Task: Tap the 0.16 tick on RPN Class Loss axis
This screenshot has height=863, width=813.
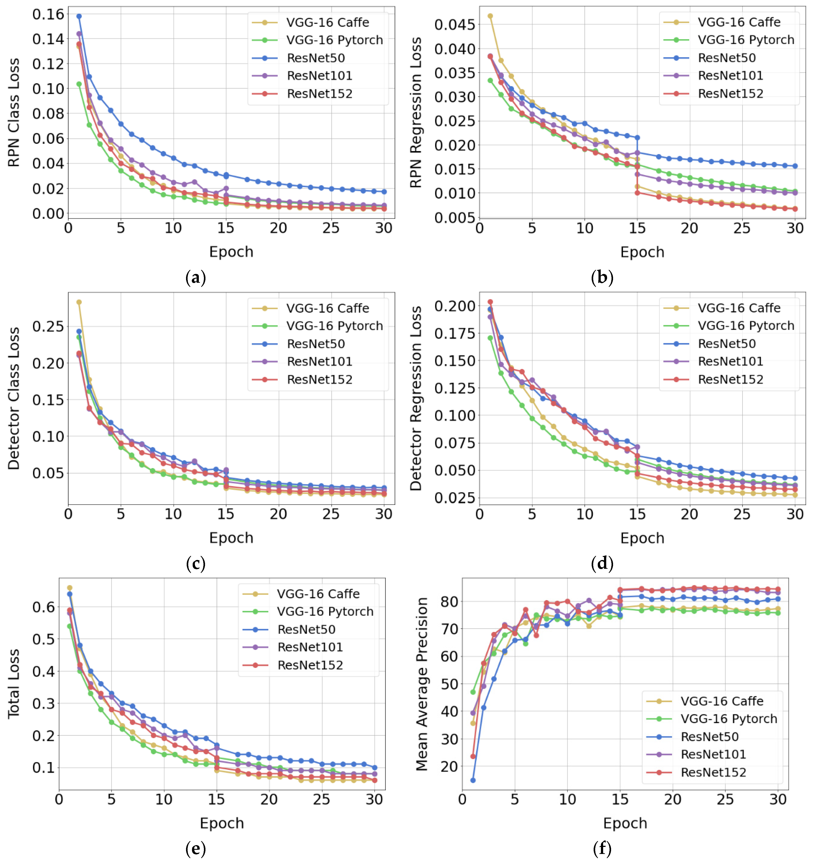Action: click(x=48, y=14)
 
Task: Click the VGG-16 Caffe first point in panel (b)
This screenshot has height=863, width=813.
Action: click(x=490, y=16)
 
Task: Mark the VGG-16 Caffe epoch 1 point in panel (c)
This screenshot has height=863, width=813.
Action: click(x=79, y=302)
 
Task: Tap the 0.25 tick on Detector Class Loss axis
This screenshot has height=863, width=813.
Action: click(x=48, y=326)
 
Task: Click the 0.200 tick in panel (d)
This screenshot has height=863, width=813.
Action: click(x=455, y=306)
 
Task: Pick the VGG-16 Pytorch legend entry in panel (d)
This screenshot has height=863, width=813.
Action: click(x=746, y=326)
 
